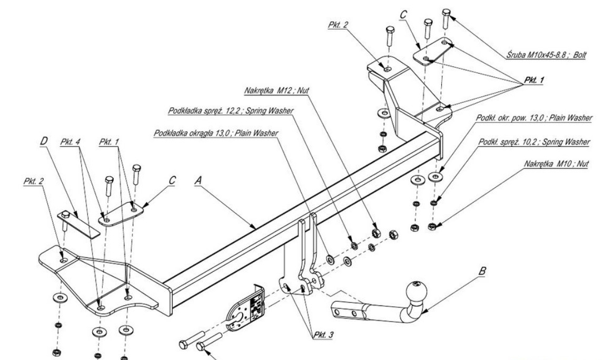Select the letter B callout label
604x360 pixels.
pos(482,273)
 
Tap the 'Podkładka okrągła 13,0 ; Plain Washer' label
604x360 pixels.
pos(216,132)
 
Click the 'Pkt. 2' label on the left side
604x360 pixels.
pos(33,181)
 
